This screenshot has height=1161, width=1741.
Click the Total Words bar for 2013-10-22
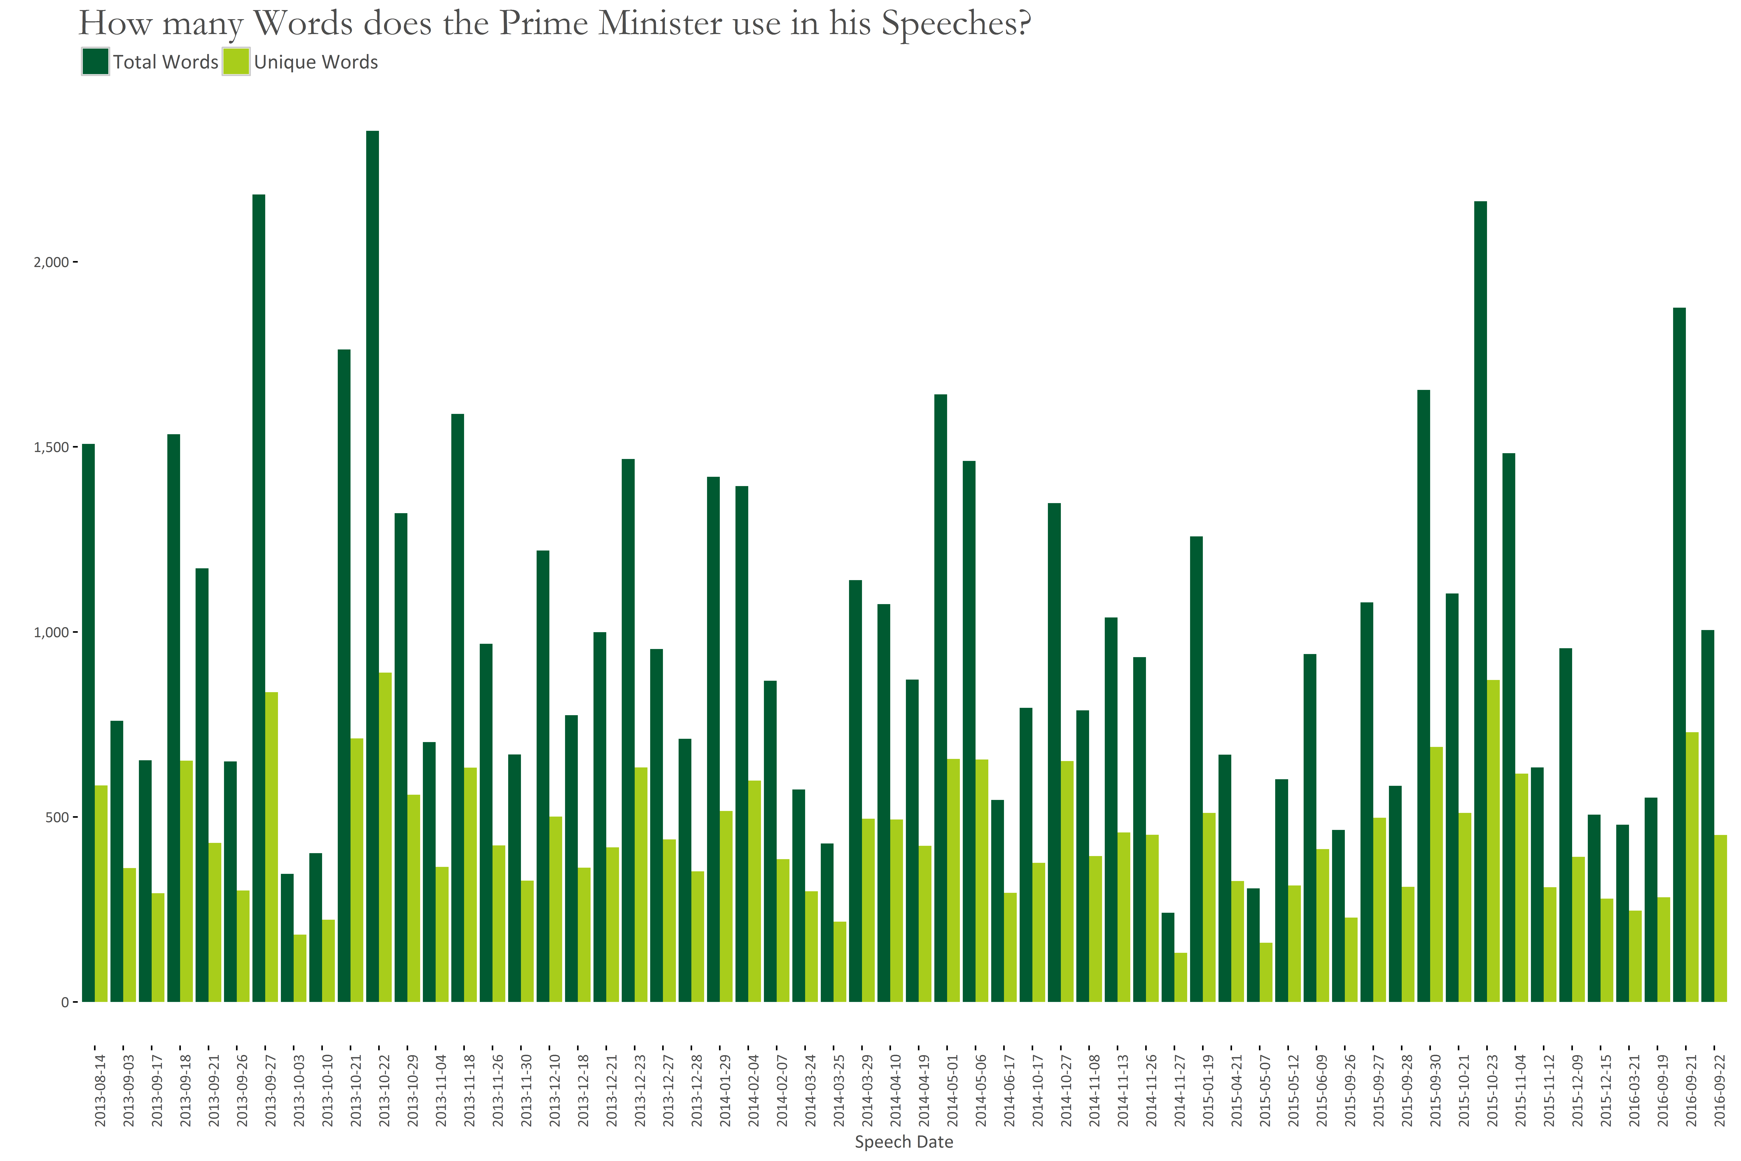point(372,566)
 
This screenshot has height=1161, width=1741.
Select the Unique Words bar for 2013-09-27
point(272,847)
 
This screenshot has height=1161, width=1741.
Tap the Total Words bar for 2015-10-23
point(1480,601)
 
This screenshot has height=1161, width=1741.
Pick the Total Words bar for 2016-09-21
point(1679,655)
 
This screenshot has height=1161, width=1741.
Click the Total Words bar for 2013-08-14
point(88,723)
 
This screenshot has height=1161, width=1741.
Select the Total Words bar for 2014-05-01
point(941,698)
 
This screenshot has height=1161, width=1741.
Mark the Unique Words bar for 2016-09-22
point(1721,918)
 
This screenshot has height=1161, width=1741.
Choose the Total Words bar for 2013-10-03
point(287,938)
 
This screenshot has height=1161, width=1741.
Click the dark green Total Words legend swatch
point(96,62)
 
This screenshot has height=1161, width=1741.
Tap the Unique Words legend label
point(316,62)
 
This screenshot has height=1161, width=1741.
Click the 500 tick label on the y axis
point(57,817)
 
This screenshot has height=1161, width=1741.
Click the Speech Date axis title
point(904,1142)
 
